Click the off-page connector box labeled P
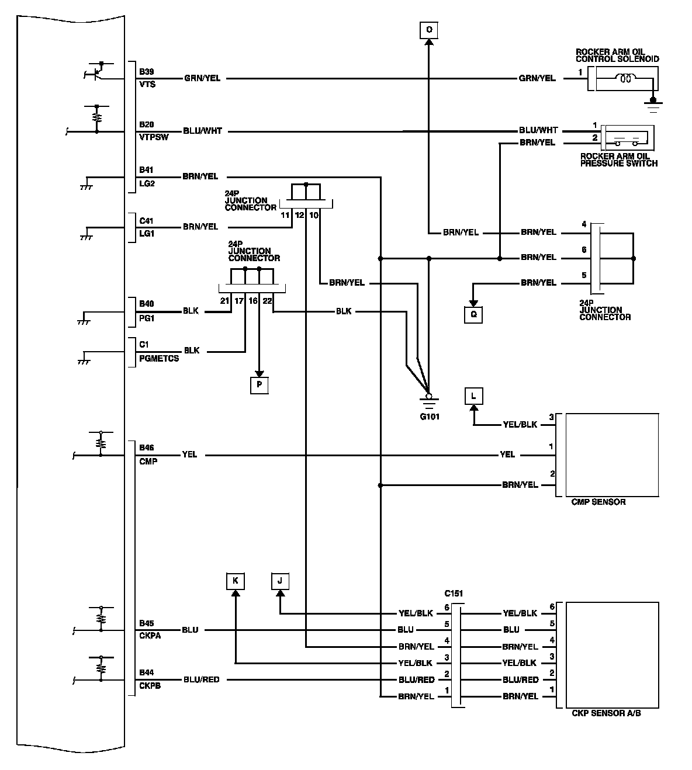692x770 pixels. [x=259, y=386]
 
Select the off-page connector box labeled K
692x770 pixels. [x=236, y=581]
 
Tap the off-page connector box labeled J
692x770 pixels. [x=280, y=581]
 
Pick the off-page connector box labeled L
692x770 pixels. [x=474, y=396]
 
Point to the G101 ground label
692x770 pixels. [x=430, y=417]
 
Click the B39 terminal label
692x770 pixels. [x=146, y=72]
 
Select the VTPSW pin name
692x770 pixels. [x=154, y=137]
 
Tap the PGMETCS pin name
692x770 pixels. [x=159, y=358]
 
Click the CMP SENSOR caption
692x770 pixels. [x=598, y=502]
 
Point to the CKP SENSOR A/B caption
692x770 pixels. [x=607, y=713]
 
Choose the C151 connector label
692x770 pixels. [x=454, y=593]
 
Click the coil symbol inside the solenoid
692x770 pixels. [x=625, y=78]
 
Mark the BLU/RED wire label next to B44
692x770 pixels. [x=202, y=679]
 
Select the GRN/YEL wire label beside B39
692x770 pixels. [x=202, y=78]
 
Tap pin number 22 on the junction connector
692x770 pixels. [x=267, y=301]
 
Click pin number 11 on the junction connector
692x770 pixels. [x=285, y=215]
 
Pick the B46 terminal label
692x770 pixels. [x=146, y=448]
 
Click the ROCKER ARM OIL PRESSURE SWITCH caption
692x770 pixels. [x=618, y=159]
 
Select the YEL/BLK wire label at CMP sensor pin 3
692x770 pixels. [x=520, y=425]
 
